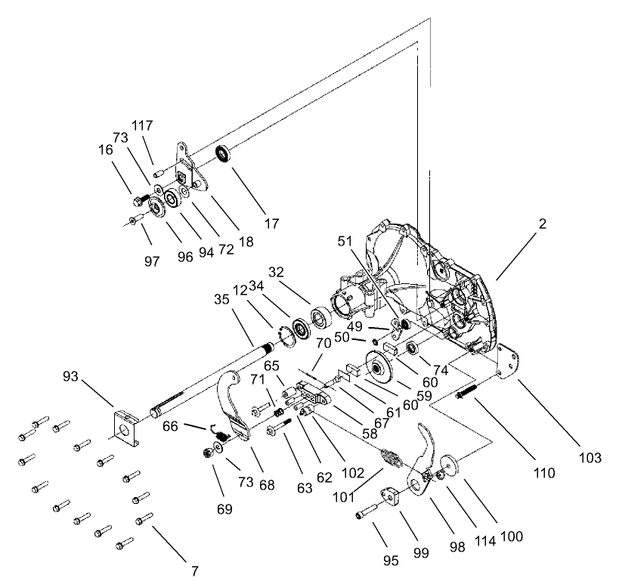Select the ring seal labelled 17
(223, 155)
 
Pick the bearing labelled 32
(318, 315)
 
